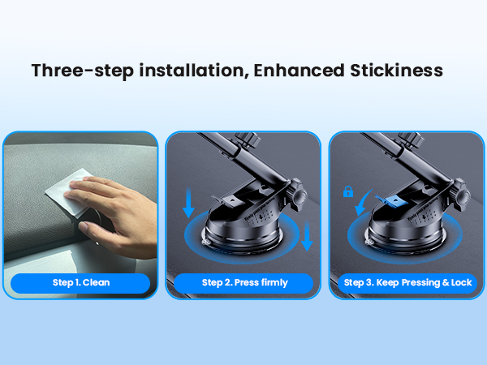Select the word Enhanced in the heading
coord(300,70)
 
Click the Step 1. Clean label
coord(80,283)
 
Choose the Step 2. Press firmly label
coord(244,283)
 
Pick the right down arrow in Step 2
coord(307,236)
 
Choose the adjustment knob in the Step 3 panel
coord(462,195)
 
